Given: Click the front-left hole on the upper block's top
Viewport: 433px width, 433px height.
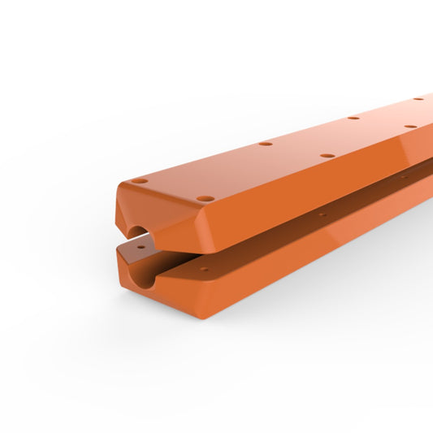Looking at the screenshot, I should [140, 180].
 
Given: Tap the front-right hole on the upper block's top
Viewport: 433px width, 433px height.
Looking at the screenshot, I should [206, 197].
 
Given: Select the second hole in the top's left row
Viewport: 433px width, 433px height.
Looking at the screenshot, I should [266, 144].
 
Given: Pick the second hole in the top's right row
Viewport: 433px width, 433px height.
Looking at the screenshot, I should [327, 155].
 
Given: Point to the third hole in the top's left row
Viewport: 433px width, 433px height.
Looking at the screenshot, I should [353, 118].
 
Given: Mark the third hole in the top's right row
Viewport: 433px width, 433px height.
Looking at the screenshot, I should [410, 127].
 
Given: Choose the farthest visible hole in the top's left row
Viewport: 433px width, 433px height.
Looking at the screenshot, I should [418, 99].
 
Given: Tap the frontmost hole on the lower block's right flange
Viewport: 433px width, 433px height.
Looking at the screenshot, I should [204, 271].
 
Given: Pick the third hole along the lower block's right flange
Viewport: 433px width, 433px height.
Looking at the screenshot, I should [402, 176].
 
